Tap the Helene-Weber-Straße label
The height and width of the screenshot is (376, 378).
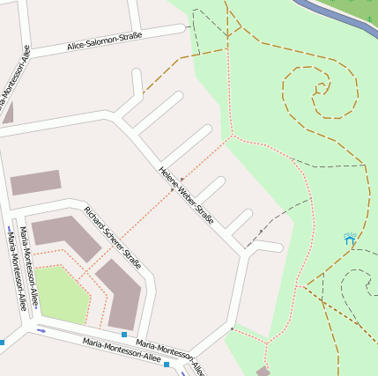click(x=186, y=195)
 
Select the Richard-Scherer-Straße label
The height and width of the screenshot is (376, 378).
click(x=113, y=237)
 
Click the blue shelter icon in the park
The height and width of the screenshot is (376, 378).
click(x=350, y=239)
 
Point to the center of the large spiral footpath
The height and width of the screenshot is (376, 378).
click(x=319, y=89)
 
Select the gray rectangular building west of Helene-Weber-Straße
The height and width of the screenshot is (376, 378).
click(x=35, y=182)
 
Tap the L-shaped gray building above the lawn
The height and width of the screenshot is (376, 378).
click(x=67, y=236)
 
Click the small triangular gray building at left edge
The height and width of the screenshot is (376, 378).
click(x=8, y=113)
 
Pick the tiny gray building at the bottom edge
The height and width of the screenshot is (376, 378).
click(x=263, y=372)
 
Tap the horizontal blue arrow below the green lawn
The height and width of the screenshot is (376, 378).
click(x=41, y=330)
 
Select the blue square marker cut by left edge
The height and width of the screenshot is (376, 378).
click(x=2, y=342)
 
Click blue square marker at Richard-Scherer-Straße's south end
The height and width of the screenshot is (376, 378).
click(x=124, y=335)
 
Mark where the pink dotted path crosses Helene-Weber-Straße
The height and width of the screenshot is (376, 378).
click(x=172, y=188)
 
